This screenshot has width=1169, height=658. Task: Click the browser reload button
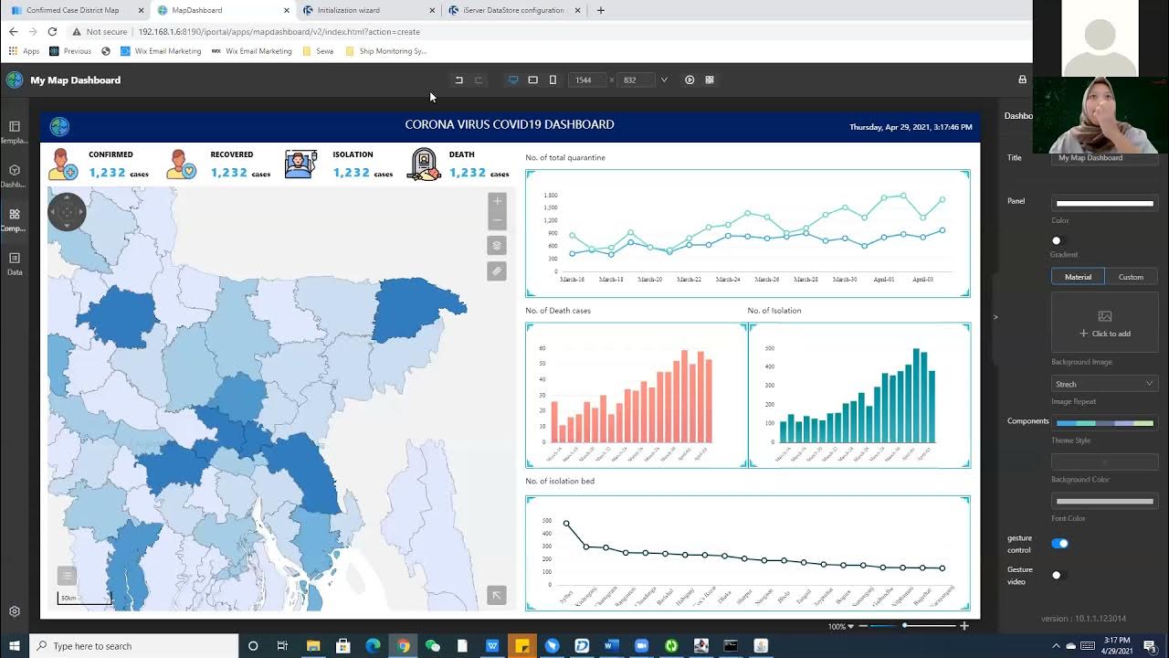click(x=52, y=31)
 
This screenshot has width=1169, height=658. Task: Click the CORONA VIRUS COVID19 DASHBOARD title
click(x=509, y=124)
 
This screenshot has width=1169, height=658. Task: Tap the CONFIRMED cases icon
click(x=63, y=164)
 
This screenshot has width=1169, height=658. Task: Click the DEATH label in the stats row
click(x=461, y=154)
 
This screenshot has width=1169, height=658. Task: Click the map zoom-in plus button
click(x=497, y=201)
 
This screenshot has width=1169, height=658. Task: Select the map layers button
click(x=497, y=245)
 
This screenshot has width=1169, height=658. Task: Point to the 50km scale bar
click(x=84, y=599)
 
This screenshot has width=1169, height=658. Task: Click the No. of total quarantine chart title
click(x=565, y=157)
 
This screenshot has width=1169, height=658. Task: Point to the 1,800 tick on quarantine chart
click(x=550, y=196)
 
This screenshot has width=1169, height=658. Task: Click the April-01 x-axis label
click(x=883, y=280)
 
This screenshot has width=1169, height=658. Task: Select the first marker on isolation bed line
click(x=566, y=524)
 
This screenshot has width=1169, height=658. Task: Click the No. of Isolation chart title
click(x=774, y=311)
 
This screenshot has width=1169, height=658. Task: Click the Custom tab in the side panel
click(x=1131, y=277)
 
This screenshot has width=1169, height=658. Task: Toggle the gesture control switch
click(x=1059, y=544)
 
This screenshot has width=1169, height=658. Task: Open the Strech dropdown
click(x=1104, y=384)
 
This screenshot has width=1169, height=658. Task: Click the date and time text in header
click(x=911, y=127)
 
